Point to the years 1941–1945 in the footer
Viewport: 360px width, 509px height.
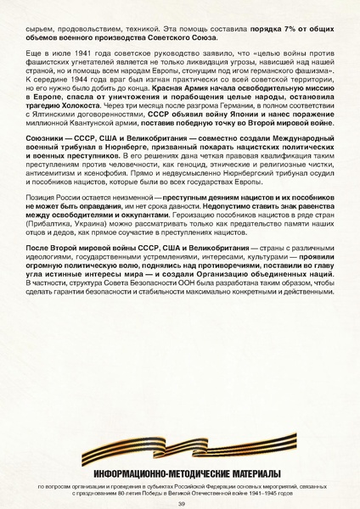[x=290, y=493]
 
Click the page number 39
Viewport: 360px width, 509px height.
[x=181, y=503]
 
